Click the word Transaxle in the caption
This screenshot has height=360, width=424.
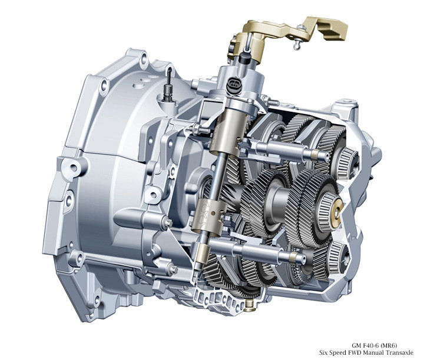[x=399, y=352]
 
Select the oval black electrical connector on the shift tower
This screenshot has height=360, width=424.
[x=233, y=82]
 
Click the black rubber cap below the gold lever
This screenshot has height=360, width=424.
[x=245, y=58]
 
